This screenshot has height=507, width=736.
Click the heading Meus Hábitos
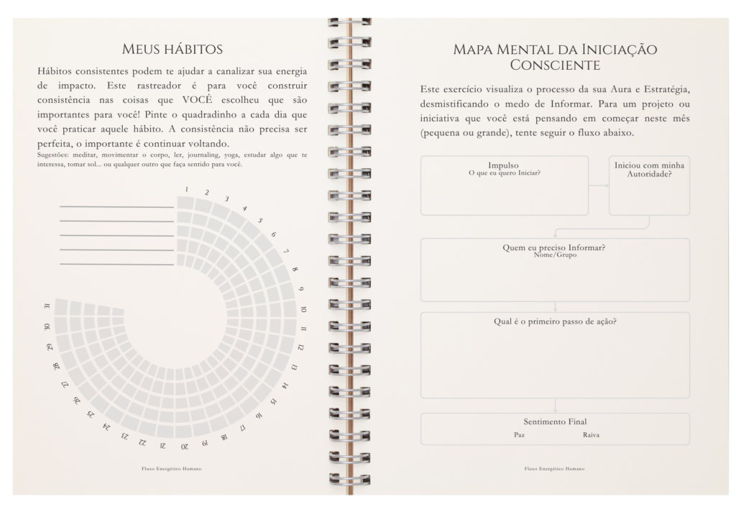[x=172, y=50]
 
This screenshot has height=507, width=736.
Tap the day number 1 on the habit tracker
[x=186, y=189]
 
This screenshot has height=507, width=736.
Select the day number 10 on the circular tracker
[x=304, y=309]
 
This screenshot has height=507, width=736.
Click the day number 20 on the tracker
[x=184, y=447]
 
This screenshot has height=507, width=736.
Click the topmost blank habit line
[x=116, y=207]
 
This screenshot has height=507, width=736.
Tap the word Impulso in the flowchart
[x=503, y=165]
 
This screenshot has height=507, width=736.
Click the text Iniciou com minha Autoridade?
[x=649, y=170]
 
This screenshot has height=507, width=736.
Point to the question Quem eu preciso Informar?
[x=553, y=248]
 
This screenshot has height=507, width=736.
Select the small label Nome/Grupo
[x=553, y=256]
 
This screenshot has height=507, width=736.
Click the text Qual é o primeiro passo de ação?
[x=554, y=321]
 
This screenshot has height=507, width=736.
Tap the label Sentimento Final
[x=554, y=421]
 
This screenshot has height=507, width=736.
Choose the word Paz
[x=519, y=435]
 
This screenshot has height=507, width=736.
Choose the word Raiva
[x=591, y=435]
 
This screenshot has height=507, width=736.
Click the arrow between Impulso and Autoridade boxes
[x=599, y=186]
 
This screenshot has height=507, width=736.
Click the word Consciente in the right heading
[x=554, y=65]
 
